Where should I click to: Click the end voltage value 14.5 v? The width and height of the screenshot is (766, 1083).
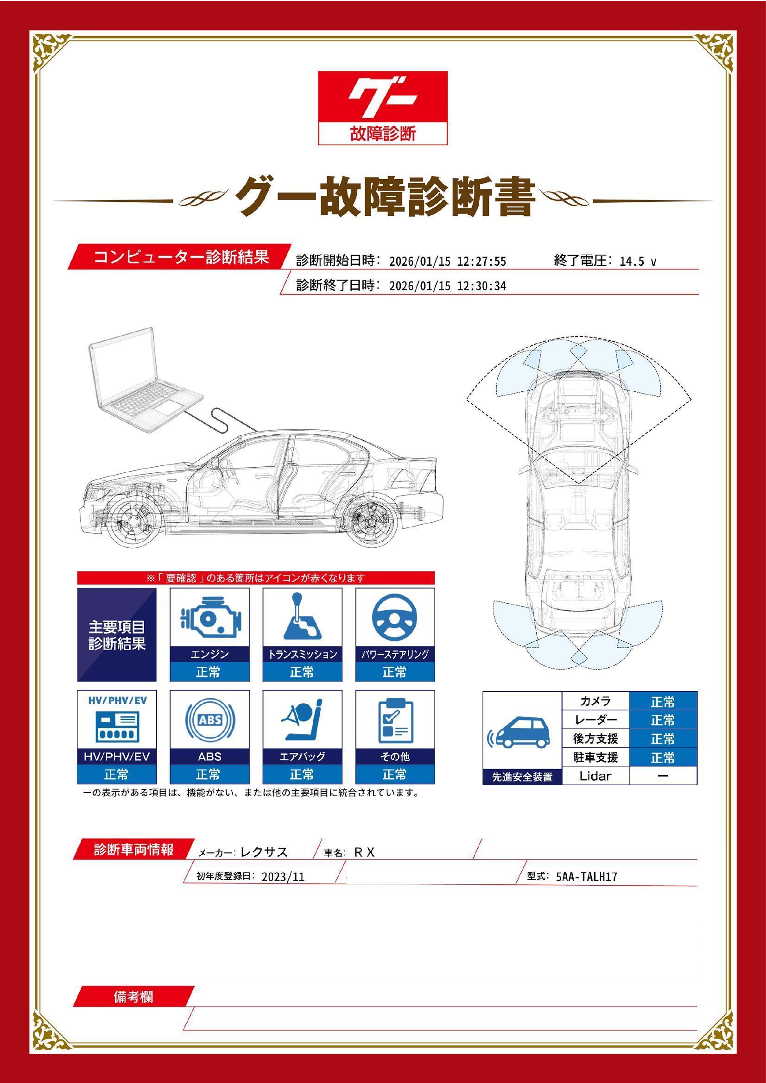point(638,262)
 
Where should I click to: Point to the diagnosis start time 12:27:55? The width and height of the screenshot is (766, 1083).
point(481,262)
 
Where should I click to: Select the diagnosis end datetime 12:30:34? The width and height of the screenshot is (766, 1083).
point(481,286)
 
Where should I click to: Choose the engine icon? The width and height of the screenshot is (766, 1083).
point(209,618)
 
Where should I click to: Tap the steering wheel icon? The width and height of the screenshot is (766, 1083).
point(394,618)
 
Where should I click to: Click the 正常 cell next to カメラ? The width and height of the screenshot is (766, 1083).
point(663,702)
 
